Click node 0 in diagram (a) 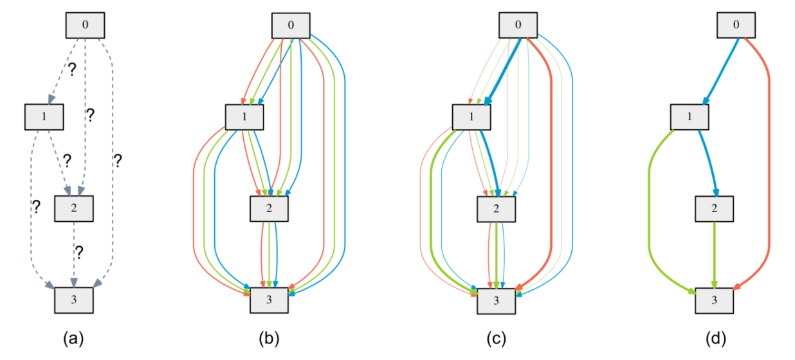click(x=86, y=25)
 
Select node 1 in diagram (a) click(x=43, y=116)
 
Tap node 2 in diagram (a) click(x=75, y=207)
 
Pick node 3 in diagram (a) click(x=74, y=300)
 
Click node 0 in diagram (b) click(x=291, y=26)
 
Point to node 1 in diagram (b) click(x=245, y=117)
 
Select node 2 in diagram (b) click(x=270, y=208)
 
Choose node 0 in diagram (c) click(x=519, y=26)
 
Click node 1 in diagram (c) click(x=472, y=117)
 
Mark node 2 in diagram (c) click(x=496, y=208)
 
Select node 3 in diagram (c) click(x=496, y=301)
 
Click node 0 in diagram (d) click(x=736, y=26)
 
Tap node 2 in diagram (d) click(x=715, y=208)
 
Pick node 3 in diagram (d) click(x=715, y=301)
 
